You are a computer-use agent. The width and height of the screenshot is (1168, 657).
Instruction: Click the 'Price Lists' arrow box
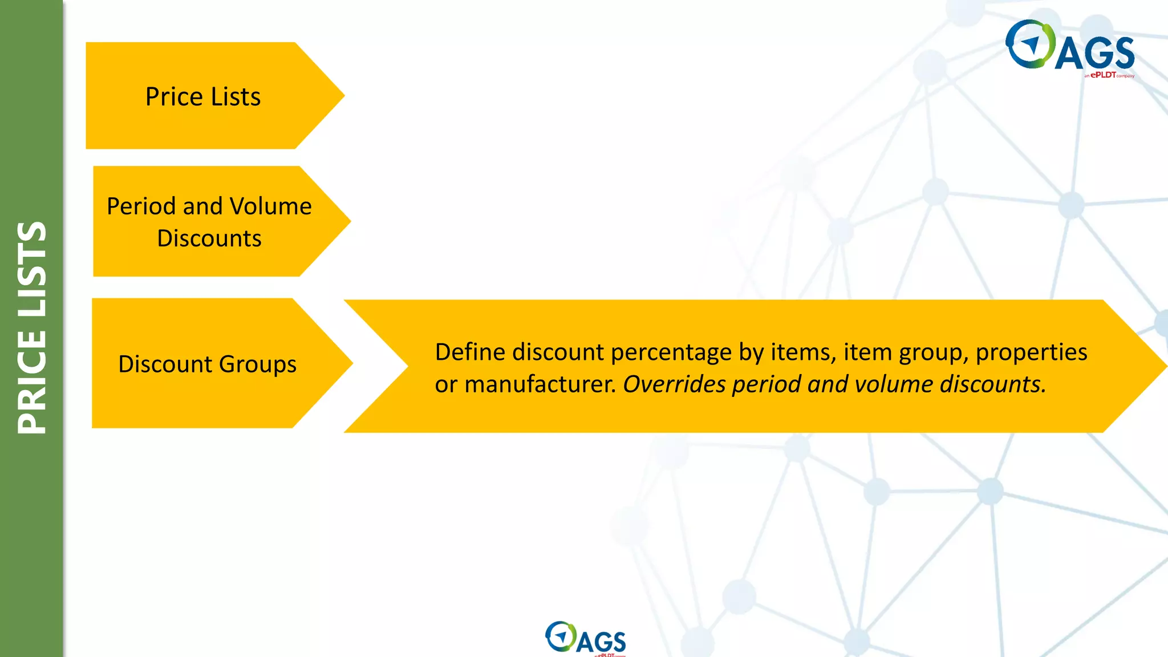tap(202, 96)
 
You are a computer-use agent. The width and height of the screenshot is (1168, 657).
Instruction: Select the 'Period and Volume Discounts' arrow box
tap(209, 221)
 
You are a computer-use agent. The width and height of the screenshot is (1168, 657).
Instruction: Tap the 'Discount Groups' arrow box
tap(207, 364)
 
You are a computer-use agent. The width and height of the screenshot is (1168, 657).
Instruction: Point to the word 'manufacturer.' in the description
tap(541, 384)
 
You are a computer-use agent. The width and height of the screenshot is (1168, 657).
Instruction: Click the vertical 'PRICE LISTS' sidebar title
tap(32, 327)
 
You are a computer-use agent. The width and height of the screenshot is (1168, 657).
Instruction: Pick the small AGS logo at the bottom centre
tap(585, 638)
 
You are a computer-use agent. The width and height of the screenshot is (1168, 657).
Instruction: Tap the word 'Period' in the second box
tap(141, 206)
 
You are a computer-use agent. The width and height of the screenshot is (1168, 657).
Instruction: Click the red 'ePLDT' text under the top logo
tap(1103, 75)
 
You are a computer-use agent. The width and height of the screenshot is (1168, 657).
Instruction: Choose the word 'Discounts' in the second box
tap(209, 238)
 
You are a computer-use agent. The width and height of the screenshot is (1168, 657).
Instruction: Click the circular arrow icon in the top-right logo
tap(1030, 44)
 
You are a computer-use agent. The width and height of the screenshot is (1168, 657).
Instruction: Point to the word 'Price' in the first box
tap(174, 96)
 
